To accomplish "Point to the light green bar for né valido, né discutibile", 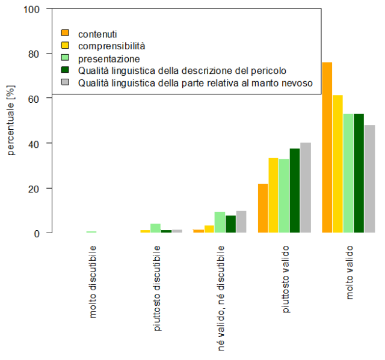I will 220,222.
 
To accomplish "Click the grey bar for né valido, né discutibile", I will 241,222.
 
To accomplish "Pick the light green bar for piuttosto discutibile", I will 156,228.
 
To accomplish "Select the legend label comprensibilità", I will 112,46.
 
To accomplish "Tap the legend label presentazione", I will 109,58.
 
